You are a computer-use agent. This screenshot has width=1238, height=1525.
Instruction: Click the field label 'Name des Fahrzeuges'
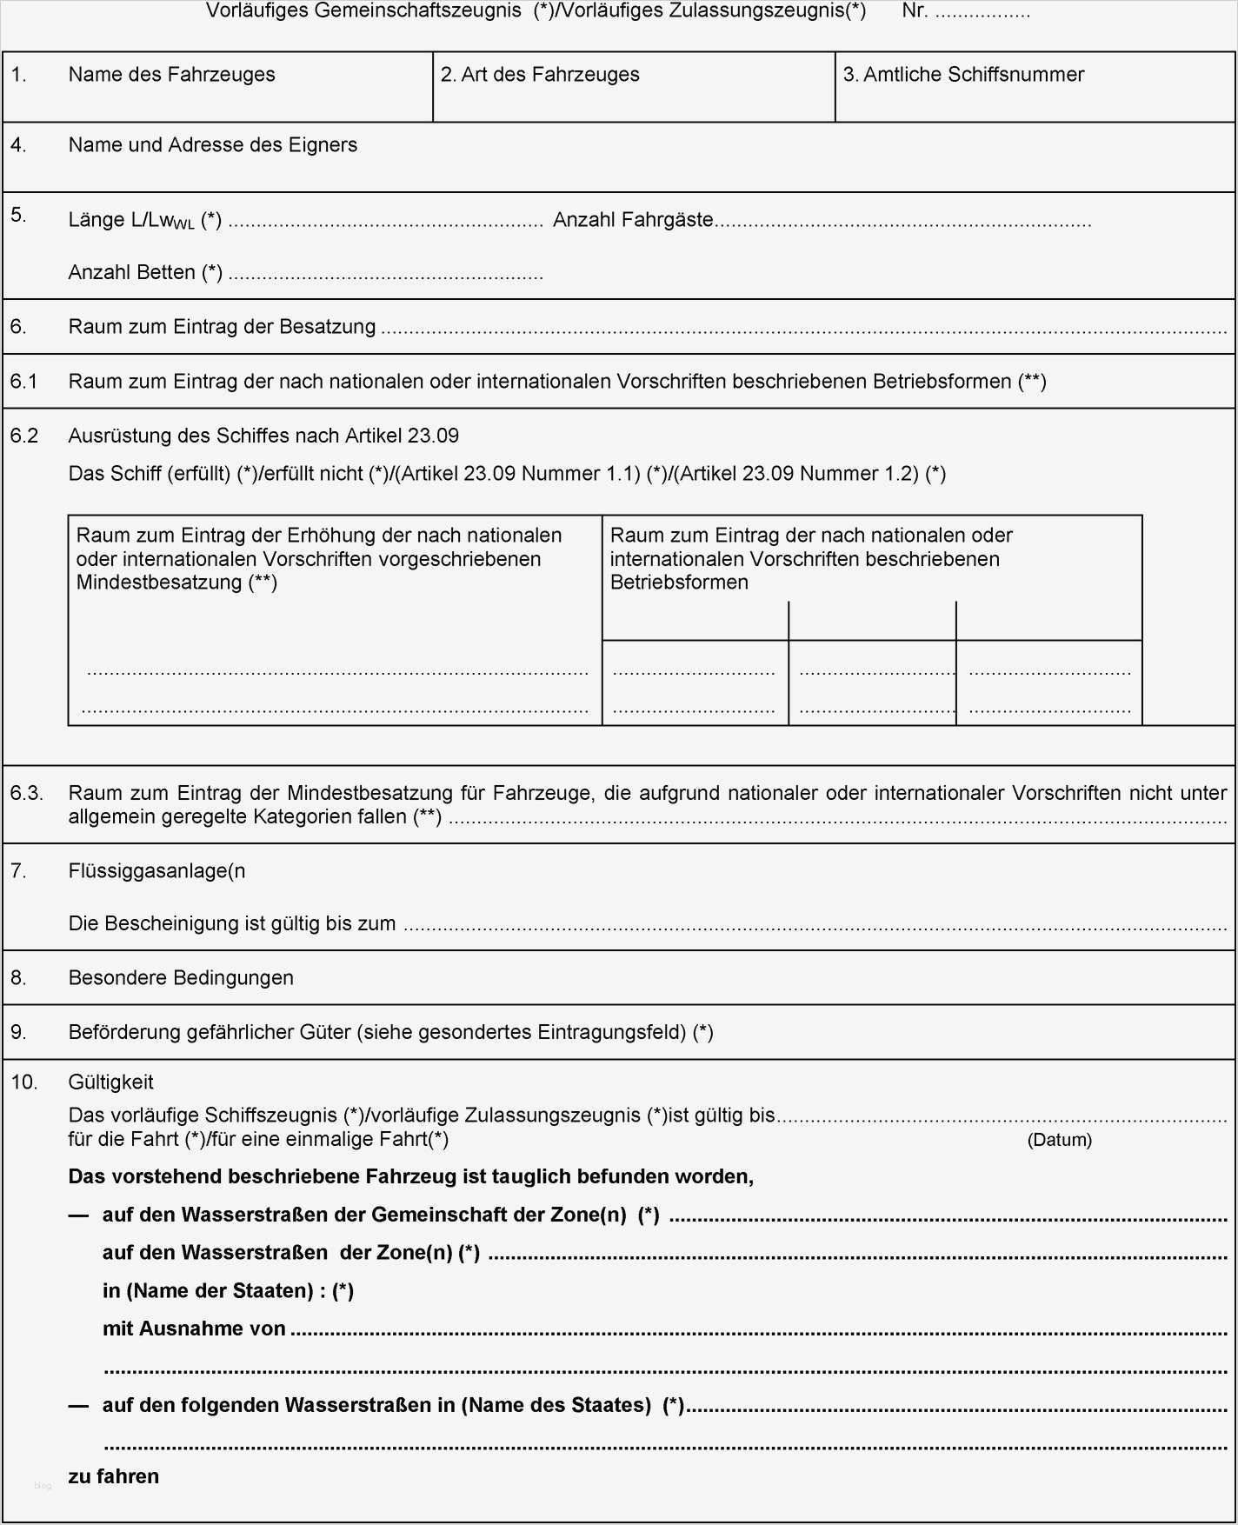171,75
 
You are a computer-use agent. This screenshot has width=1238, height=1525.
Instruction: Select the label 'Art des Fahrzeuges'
549,75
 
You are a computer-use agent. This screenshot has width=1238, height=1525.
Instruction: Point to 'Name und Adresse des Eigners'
212,145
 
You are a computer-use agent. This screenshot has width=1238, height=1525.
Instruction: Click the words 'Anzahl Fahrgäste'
633,220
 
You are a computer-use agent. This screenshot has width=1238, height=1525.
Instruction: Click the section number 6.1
23,382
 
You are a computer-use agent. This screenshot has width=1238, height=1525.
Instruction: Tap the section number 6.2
23,436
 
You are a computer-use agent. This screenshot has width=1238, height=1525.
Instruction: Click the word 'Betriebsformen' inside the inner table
679,583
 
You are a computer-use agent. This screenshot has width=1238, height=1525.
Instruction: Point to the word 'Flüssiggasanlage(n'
156,871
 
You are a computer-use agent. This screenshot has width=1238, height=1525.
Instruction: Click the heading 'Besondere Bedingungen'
181,978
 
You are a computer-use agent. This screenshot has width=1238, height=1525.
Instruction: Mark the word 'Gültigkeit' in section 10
110,1082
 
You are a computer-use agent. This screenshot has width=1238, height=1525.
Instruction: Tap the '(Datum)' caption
1059,1140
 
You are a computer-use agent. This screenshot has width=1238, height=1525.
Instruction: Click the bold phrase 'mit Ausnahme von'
194,1329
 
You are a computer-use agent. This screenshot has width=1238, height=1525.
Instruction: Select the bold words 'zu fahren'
114,1476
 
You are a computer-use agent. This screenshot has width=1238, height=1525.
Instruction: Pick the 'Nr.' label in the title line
915,11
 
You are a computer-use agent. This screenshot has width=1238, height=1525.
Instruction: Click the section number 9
18,1033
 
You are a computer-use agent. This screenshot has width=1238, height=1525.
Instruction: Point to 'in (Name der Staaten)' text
208,1291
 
